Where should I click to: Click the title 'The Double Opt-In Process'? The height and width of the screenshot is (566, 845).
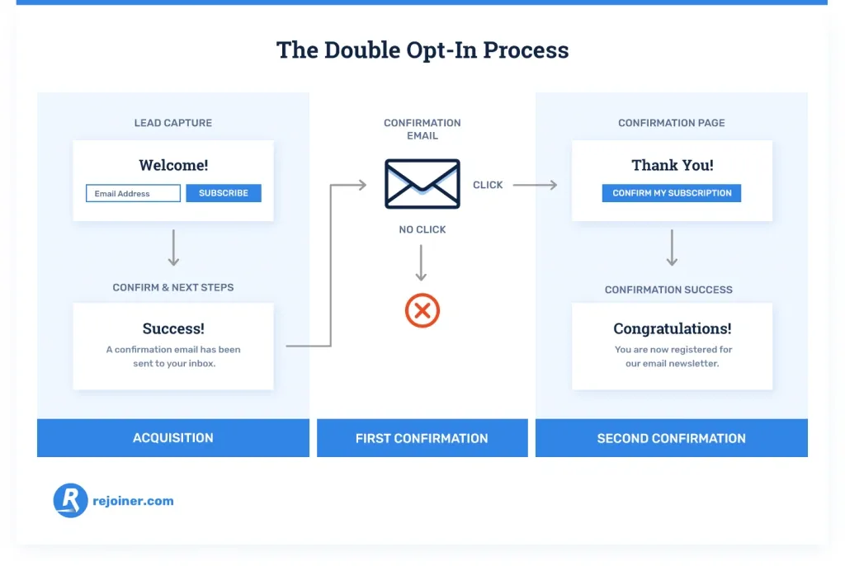click(x=422, y=50)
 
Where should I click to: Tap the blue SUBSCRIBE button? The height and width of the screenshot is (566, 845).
click(x=224, y=193)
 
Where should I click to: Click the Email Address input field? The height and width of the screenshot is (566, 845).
click(x=133, y=193)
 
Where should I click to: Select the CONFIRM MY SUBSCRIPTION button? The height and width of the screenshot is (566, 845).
click(x=672, y=193)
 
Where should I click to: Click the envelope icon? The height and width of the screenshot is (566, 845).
click(x=422, y=184)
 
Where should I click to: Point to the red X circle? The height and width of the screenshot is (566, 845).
click(x=422, y=310)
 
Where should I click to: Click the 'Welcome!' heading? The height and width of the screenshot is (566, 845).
click(x=173, y=165)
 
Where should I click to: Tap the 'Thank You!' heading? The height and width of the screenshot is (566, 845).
click(x=673, y=165)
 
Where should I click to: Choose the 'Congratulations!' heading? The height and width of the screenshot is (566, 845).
click(x=673, y=328)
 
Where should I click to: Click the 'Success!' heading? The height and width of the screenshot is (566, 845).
click(x=173, y=328)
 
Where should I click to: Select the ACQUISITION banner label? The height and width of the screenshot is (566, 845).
click(x=173, y=438)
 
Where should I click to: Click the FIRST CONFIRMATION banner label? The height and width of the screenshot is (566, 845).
click(x=422, y=438)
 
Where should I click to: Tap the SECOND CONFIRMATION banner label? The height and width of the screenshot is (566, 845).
click(x=672, y=438)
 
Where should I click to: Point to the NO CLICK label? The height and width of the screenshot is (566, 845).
click(x=422, y=229)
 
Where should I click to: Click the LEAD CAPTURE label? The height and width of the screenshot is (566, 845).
click(x=173, y=123)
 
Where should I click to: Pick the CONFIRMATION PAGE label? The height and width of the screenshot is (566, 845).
click(x=672, y=123)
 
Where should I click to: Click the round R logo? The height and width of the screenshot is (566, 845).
click(x=71, y=500)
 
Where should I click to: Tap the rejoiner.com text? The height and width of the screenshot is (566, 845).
click(x=133, y=501)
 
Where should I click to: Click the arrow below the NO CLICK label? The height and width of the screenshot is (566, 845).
click(x=421, y=263)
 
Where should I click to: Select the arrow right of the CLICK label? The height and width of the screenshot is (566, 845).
click(x=535, y=185)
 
